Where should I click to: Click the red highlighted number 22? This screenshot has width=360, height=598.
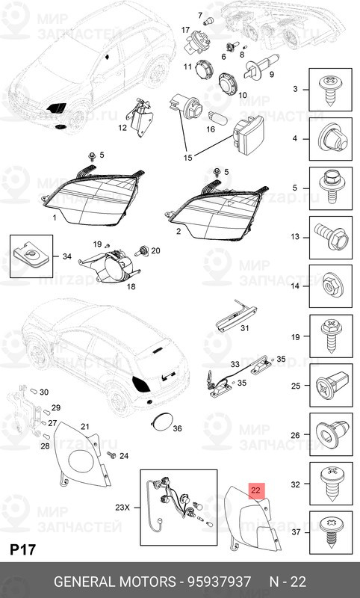tap(256, 491)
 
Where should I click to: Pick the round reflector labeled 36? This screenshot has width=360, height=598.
tap(160, 424)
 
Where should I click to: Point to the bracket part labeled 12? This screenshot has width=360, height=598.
tap(140, 117)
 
